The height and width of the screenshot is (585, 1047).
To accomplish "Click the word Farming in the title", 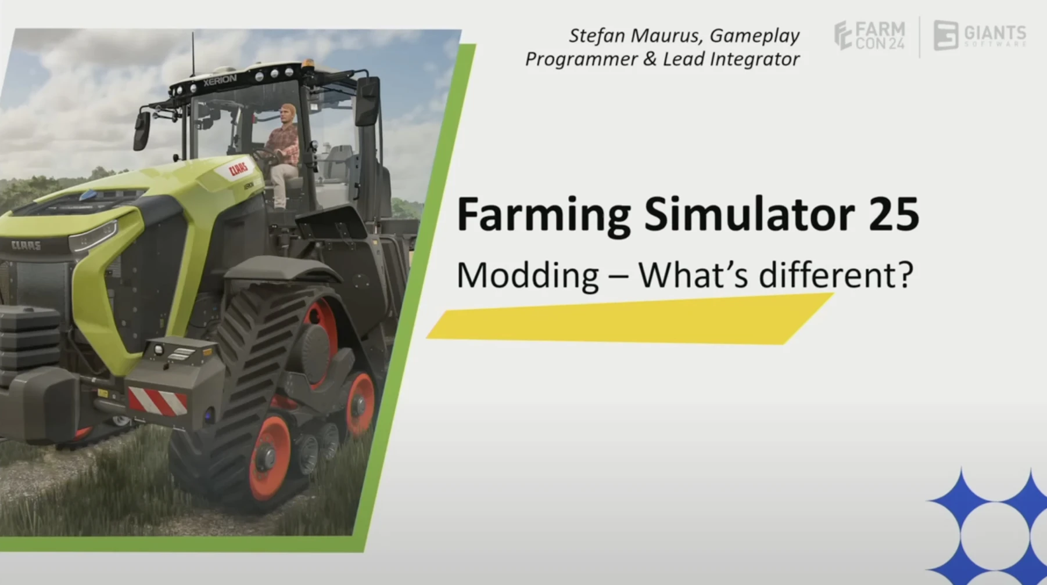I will click(x=543, y=215).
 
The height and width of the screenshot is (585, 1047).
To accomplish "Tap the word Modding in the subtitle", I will click(x=527, y=275).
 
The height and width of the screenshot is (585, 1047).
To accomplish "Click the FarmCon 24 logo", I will click(x=869, y=35).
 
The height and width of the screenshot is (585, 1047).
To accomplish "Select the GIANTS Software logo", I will click(x=980, y=35).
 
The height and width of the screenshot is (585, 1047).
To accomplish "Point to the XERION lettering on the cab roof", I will click(x=220, y=81).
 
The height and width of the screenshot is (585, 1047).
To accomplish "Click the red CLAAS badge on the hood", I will click(x=238, y=169).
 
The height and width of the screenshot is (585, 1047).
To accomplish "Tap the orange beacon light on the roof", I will click(x=306, y=62).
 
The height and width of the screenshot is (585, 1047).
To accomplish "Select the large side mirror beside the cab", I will click(x=368, y=102).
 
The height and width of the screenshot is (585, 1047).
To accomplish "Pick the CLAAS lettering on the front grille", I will click(x=26, y=245).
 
